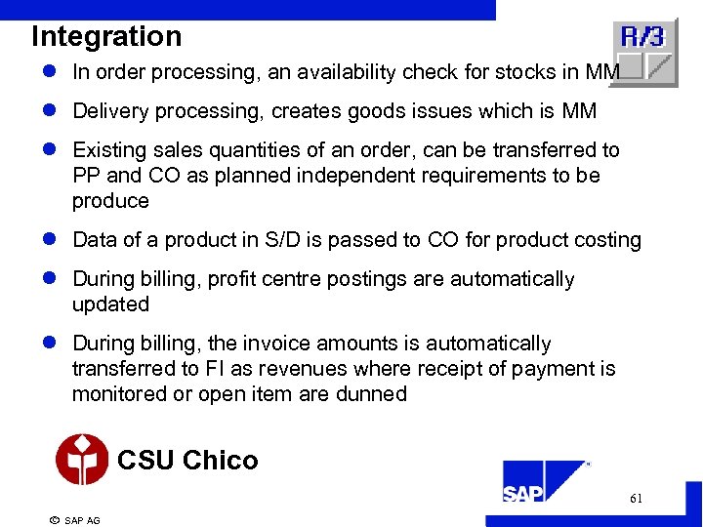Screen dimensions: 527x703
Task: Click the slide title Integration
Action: click(106, 36)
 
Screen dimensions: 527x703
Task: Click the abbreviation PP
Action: click(86, 176)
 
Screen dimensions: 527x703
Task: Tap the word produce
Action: click(110, 201)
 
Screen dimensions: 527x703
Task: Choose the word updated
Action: click(110, 304)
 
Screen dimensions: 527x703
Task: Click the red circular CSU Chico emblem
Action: click(82, 460)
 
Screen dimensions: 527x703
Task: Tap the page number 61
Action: click(636, 499)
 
